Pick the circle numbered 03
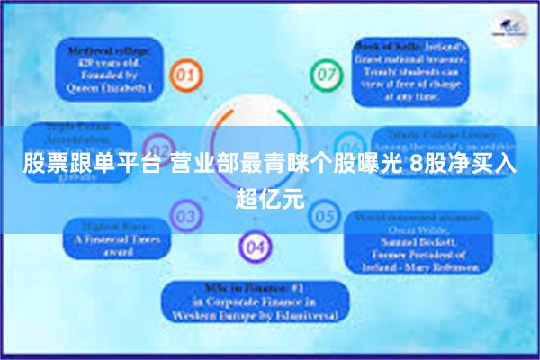(186, 216)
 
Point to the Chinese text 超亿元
(270, 196)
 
